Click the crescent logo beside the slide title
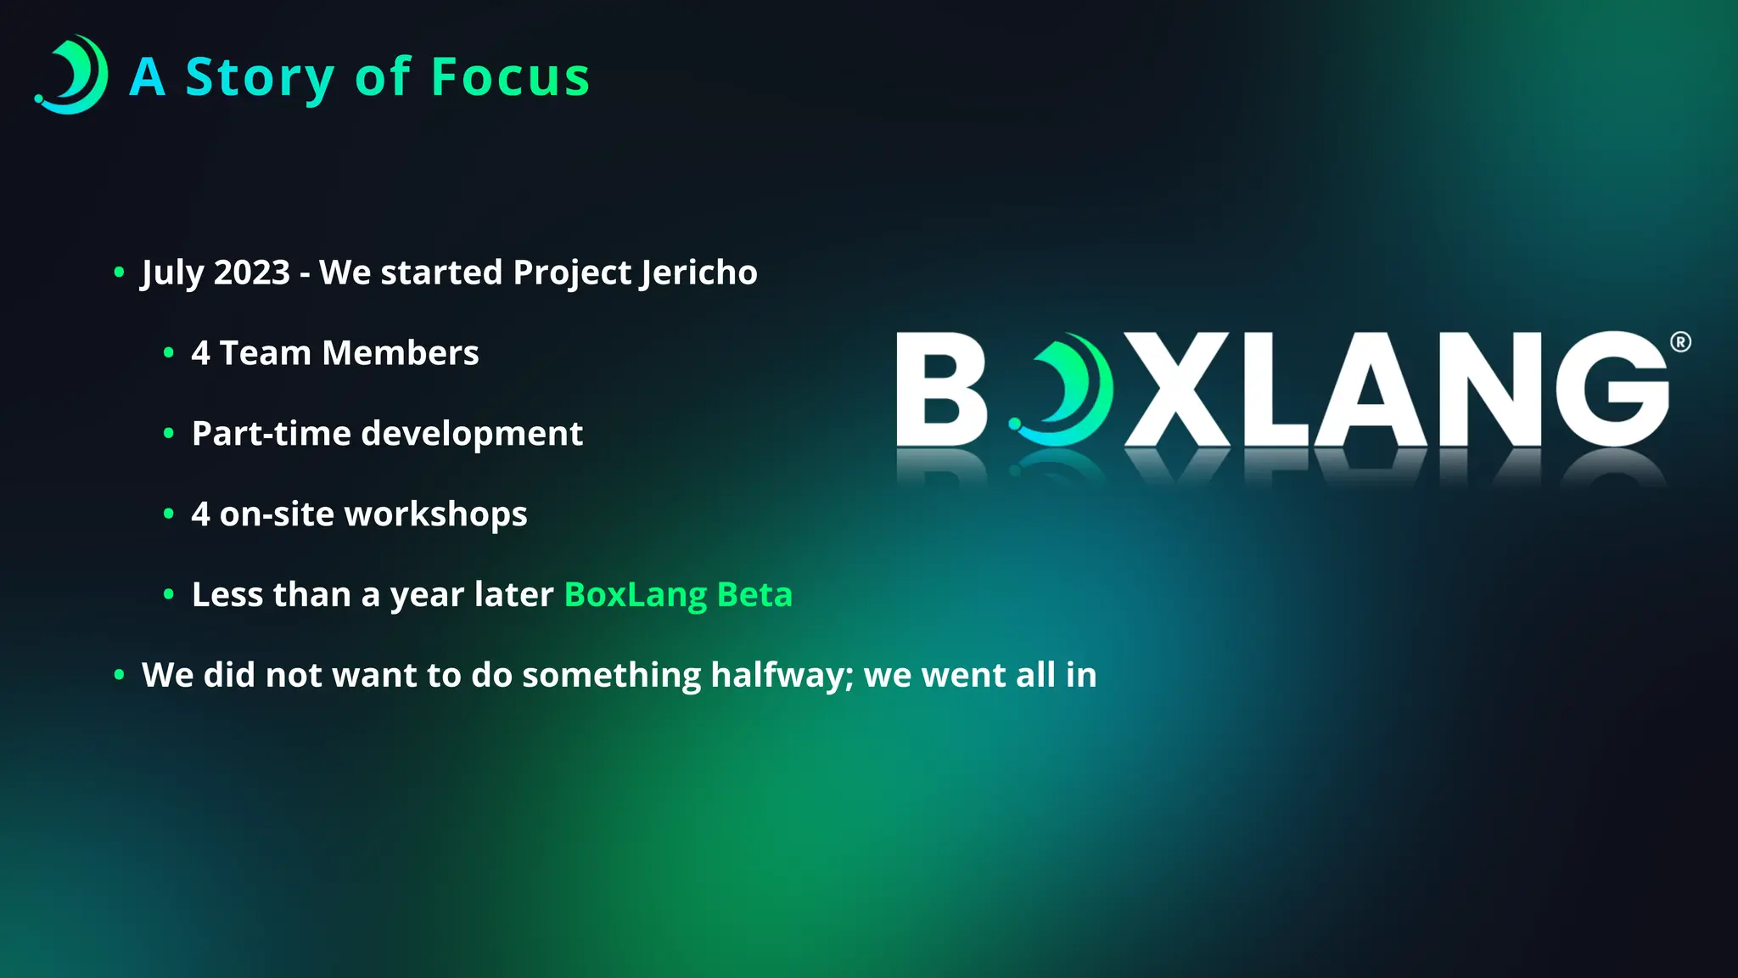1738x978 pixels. pos(72,75)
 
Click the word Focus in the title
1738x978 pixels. pos(510,77)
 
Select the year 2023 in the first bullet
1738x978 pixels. pos(251,273)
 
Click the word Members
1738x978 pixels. pos(400,353)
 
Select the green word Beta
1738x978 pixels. pos(754,594)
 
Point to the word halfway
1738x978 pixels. pos(782,676)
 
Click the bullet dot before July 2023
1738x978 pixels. pos(119,273)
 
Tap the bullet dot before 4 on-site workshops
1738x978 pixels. pos(169,514)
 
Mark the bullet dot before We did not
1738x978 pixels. pos(119,675)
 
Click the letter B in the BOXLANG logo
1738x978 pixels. pos(940,390)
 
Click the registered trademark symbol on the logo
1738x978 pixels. pos(1680,342)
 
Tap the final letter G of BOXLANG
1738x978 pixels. pos(1612,390)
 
